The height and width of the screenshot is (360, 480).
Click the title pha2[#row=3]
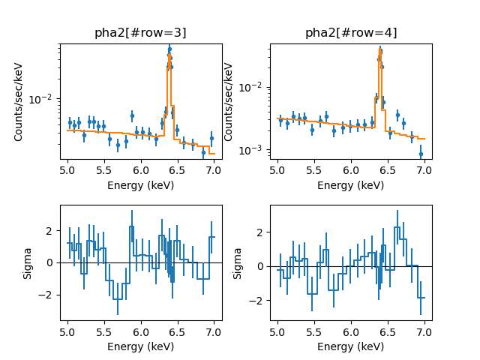(x=140, y=33)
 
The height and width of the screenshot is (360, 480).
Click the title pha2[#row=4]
(x=351, y=33)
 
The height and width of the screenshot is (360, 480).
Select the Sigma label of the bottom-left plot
(x=28, y=262)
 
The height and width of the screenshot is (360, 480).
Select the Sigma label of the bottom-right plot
(x=238, y=262)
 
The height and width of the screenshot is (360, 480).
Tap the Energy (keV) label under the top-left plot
(x=140, y=185)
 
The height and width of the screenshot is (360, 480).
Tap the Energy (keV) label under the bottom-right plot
(x=351, y=346)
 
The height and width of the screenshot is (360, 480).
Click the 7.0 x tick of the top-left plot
(x=214, y=170)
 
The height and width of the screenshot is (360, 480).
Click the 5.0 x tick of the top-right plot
(x=278, y=170)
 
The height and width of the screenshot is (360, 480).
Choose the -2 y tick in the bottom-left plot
(x=49, y=295)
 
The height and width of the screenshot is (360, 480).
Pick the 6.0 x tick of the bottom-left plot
(x=141, y=331)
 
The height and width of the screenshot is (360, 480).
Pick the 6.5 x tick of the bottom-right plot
(x=388, y=331)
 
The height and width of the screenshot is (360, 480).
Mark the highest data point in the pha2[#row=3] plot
(x=169, y=49)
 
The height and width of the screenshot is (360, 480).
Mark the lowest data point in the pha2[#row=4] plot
(x=421, y=154)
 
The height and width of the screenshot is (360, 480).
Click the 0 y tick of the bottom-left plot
(x=52, y=262)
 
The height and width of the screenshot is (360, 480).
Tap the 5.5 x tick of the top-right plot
(x=315, y=170)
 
